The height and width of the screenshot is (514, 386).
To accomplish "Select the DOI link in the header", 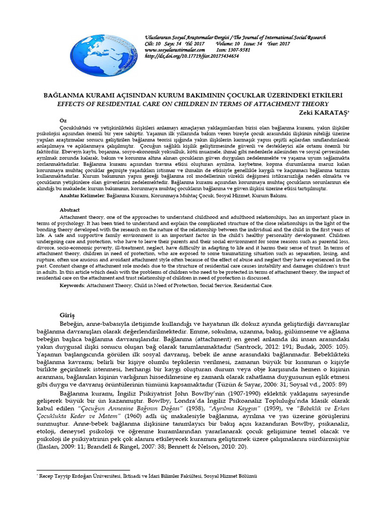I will click(x=191, y=56).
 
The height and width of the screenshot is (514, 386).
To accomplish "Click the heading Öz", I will click(x=63, y=121).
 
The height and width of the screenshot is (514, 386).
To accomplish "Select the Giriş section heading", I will click(x=68, y=315).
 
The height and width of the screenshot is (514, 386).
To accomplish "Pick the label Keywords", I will click(x=74, y=285).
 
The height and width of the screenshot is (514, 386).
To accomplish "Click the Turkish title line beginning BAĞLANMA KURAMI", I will click(x=192, y=95).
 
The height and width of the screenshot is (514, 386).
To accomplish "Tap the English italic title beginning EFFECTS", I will click(x=192, y=103).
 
